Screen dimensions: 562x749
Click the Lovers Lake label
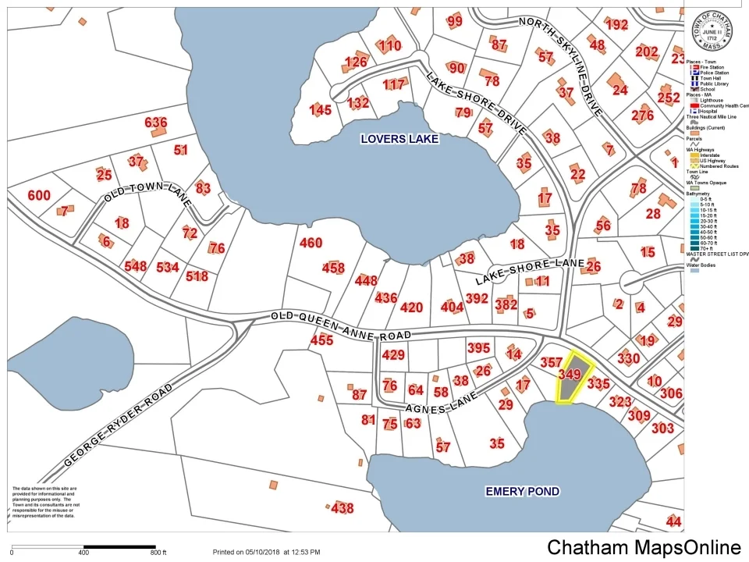coord(399,139)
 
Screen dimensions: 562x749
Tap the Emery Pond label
coord(522,491)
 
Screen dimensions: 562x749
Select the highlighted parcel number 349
coord(570,375)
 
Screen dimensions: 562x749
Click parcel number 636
coord(156,123)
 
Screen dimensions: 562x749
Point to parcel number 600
coord(39,196)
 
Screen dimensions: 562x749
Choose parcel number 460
coord(311,244)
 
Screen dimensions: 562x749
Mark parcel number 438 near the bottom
coord(342,509)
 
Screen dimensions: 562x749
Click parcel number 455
coord(321,340)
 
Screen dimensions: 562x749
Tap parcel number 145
coord(321,110)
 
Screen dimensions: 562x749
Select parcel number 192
coord(616,25)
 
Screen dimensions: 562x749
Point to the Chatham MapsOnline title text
coord(644,546)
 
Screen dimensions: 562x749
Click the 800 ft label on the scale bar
coord(159,553)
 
